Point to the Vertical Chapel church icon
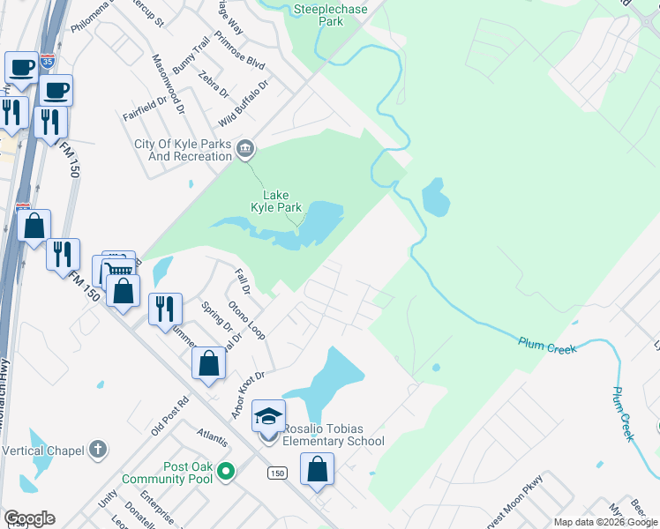(x=97, y=450)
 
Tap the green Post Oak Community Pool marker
(x=226, y=472)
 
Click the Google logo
(x=28, y=518)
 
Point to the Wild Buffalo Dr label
(x=244, y=101)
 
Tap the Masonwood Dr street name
(x=168, y=85)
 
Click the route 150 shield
(x=277, y=473)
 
